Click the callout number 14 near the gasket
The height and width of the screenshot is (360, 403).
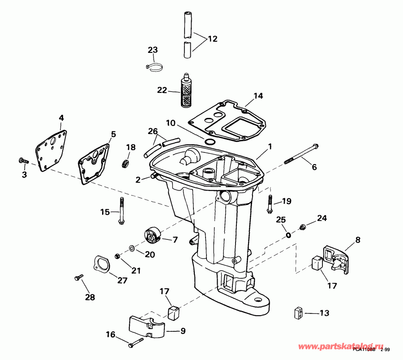click(258, 95)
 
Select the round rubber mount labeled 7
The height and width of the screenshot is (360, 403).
click(152, 235)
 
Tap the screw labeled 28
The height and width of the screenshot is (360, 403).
click(77, 278)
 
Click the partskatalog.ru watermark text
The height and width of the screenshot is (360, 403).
click(341, 347)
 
